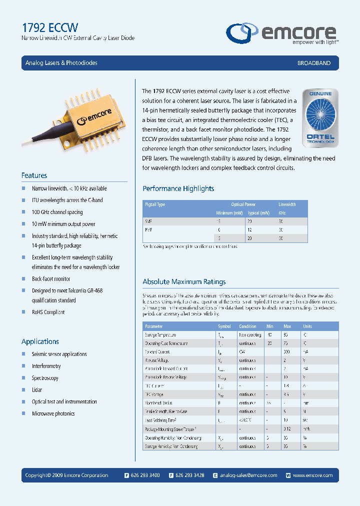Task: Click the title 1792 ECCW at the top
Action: pos(49,27)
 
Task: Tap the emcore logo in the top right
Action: pos(282,34)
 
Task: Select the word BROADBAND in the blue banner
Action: pos(314,63)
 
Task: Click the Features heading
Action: pos(34,175)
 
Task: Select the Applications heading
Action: pos(40,341)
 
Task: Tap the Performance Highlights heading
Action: pos(178,188)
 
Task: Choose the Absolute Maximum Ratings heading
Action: pos(184,282)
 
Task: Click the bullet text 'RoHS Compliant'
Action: pos(48,312)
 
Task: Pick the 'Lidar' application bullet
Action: pos(37,390)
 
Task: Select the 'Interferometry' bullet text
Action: pos(46,366)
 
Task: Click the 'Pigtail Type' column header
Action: pos(154,204)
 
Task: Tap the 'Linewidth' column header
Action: pos(287,204)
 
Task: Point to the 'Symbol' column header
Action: pos(224,326)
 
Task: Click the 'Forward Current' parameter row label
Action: pos(157,352)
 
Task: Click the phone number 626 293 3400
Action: pos(146,475)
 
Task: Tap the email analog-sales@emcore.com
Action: pos(248,475)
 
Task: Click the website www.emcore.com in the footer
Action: pos(312,475)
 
